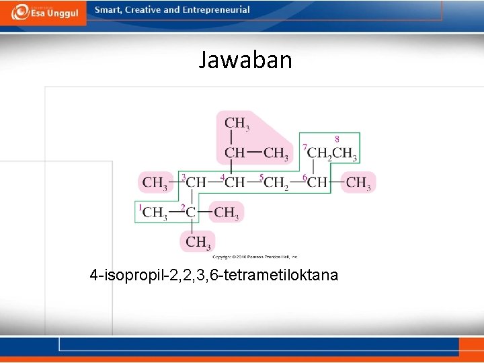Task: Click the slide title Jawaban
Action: point(245,61)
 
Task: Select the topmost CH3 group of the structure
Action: point(237,124)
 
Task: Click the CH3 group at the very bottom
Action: point(198,242)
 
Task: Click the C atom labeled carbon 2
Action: point(191,213)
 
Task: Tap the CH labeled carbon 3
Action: point(196,182)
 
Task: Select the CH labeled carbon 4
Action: point(235,182)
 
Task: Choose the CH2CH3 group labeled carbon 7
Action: point(332,153)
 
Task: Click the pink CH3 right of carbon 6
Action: point(358,182)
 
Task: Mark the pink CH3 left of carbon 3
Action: point(155,182)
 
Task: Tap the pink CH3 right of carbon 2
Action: point(226,213)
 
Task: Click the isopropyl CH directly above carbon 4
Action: point(235,153)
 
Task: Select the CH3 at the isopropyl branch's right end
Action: point(276,154)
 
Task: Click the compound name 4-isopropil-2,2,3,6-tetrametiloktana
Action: point(214,275)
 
